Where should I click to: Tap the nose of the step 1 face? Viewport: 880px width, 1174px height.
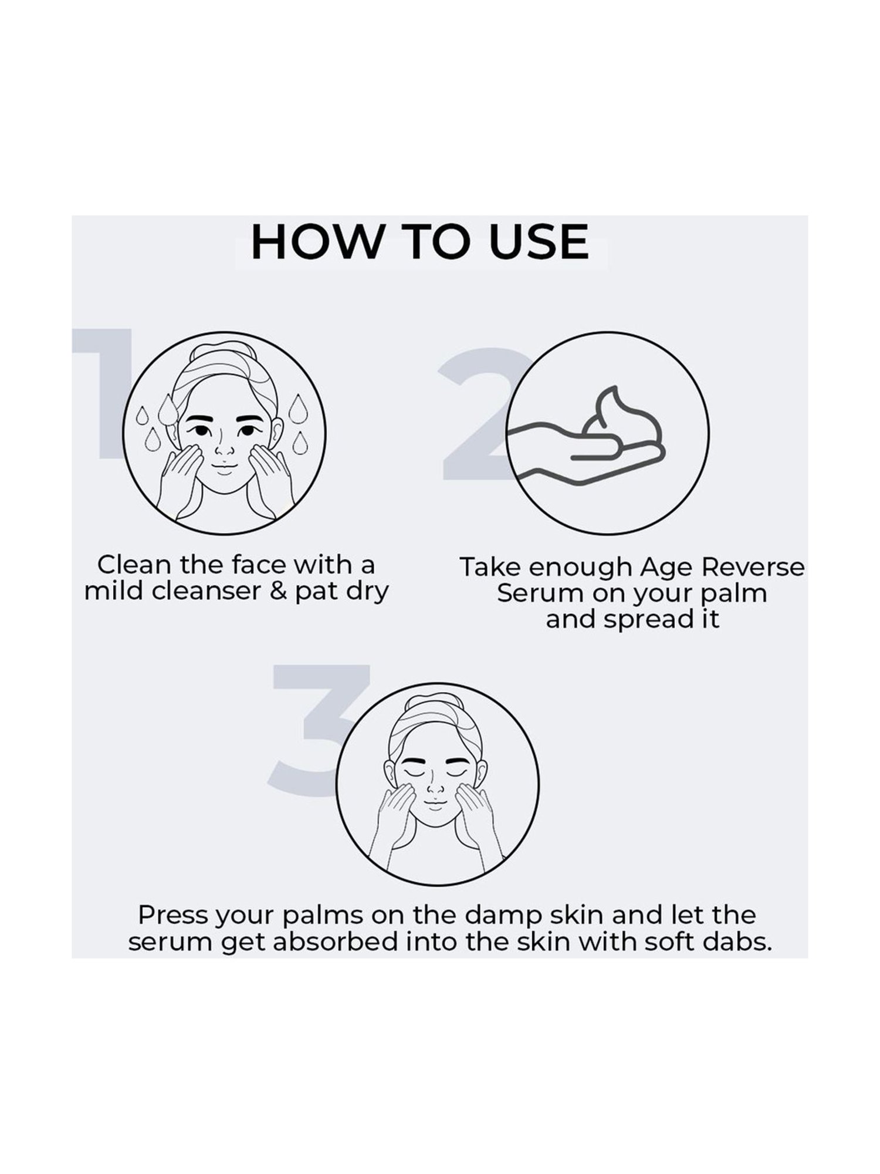[224, 449]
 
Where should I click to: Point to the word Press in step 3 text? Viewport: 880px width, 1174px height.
[172, 915]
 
